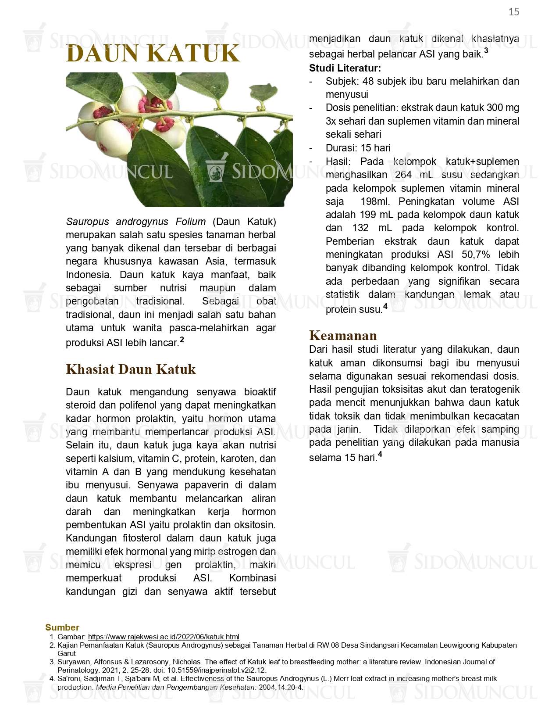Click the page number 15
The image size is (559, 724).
tap(514, 12)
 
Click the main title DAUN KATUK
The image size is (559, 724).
tap(153, 54)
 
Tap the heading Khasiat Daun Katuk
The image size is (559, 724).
tap(131, 369)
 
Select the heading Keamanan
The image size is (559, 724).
tap(343, 335)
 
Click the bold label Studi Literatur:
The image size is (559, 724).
tap(345, 68)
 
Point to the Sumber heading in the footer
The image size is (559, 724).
tap(62, 627)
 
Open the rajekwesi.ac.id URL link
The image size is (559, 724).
tap(164, 637)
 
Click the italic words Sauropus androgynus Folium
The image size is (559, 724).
tap(136, 222)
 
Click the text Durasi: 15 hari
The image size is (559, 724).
tap(358, 148)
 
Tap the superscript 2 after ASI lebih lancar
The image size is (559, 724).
tap(182, 340)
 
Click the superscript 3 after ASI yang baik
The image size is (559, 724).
tap(486, 51)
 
